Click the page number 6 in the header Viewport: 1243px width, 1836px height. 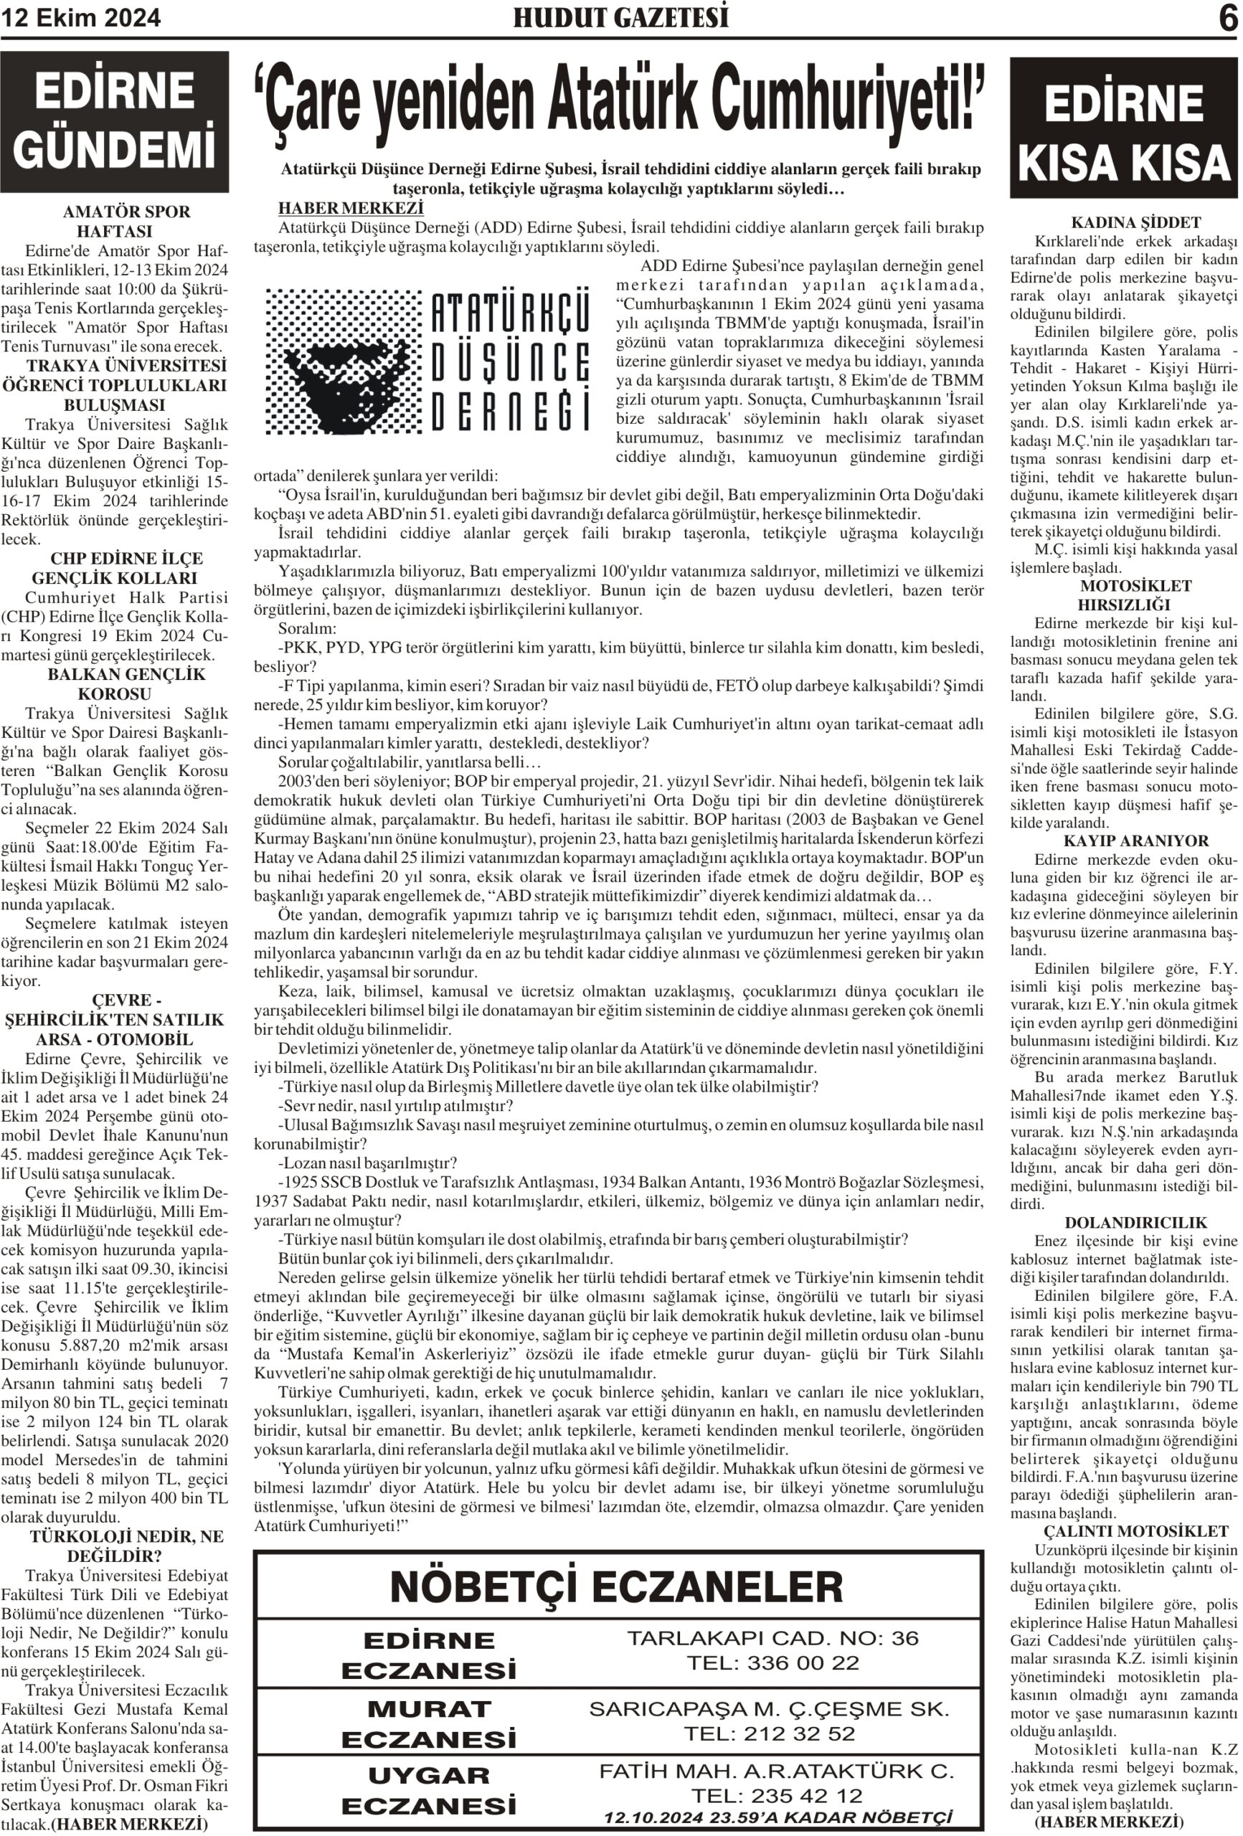[x=1227, y=19]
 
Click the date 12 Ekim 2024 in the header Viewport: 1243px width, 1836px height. [x=81, y=18]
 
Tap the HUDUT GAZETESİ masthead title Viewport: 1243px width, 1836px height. [x=620, y=18]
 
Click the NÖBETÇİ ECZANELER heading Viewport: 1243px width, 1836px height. [x=616, y=1586]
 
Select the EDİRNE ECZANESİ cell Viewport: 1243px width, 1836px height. [x=428, y=1655]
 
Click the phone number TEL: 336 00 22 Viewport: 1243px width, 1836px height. [x=772, y=1663]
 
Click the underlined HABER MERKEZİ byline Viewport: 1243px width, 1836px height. [x=351, y=209]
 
